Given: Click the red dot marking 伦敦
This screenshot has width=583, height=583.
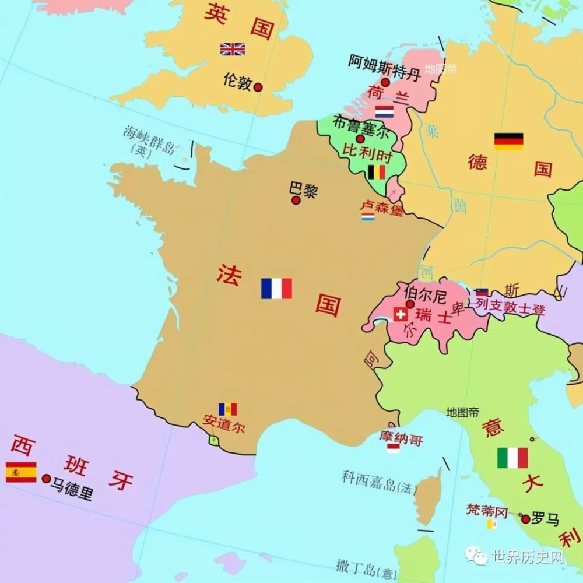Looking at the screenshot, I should click(x=258, y=87).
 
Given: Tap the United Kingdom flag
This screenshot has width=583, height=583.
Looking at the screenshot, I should click(x=232, y=49).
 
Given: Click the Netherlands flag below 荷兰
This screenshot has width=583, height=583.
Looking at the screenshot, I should click(x=384, y=111).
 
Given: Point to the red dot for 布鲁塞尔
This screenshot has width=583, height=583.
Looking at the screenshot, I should click(x=360, y=139).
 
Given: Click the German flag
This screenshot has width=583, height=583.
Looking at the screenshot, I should click(x=508, y=141).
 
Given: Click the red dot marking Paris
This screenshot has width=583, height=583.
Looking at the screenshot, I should click(x=296, y=201).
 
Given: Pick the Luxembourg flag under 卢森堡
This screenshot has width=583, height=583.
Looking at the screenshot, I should click(x=368, y=217).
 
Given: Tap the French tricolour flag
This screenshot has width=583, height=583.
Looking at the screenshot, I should click(x=276, y=289).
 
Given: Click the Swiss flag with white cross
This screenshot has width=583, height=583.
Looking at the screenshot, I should click(x=400, y=315).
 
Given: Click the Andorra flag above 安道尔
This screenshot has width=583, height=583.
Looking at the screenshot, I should click(x=227, y=409).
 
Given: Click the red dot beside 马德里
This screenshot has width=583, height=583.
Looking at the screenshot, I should click(x=47, y=479).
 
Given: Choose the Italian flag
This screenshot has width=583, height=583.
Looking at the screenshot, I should click(x=512, y=458).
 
